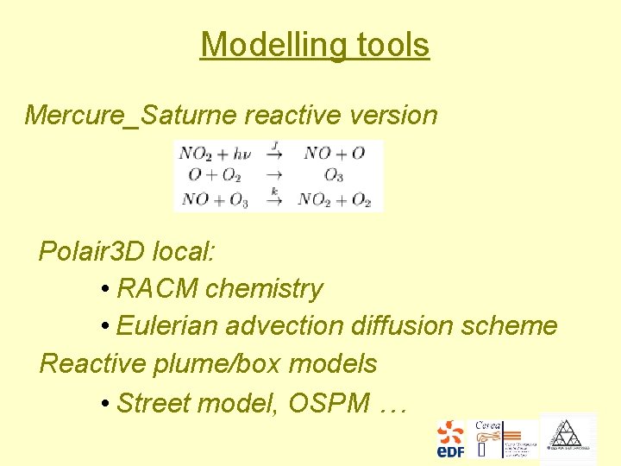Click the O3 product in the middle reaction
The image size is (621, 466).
334,176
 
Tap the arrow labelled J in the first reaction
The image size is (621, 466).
275,153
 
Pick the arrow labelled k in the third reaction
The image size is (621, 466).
275,198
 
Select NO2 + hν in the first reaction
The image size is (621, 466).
215,154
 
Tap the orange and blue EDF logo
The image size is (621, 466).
450,438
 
